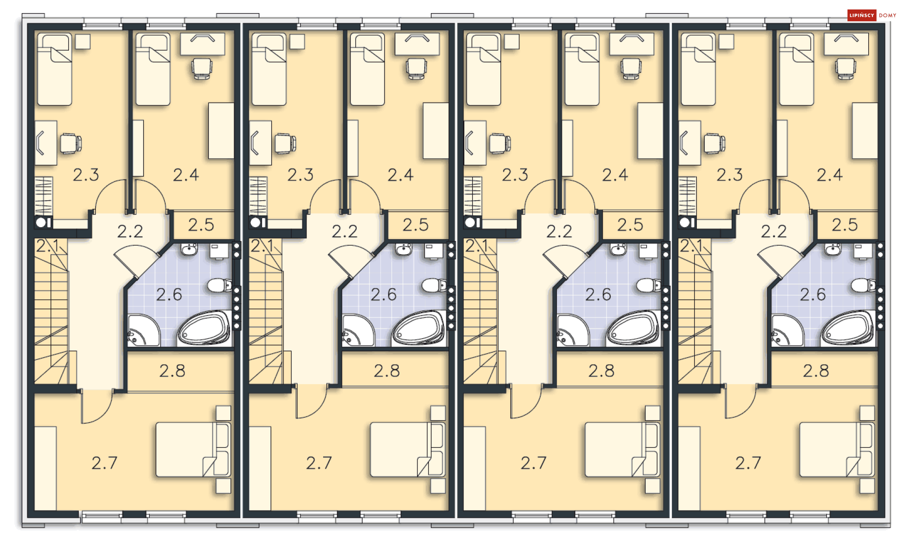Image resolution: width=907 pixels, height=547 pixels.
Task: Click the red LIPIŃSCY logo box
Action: pyautogui.click(x=862, y=15)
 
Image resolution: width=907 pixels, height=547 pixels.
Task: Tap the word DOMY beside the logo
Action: pyautogui.click(x=887, y=16)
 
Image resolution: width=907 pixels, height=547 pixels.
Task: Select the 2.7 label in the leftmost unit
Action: pyautogui.click(x=104, y=463)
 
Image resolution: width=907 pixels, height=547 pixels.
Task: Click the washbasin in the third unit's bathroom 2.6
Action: pyautogui.click(x=618, y=249)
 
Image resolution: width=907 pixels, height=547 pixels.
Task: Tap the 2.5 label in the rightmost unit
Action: pyautogui.click(x=845, y=225)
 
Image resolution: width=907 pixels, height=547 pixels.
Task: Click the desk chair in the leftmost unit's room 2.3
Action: pyautogui.click(x=71, y=144)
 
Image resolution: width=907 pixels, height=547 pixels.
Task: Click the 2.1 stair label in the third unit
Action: pyautogui.click(x=477, y=246)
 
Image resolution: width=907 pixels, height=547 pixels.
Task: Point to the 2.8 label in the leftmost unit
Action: pyautogui.click(x=172, y=371)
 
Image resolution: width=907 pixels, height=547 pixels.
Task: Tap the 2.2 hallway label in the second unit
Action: pyautogui.click(x=344, y=231)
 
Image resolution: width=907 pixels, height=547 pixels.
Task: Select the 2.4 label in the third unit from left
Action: pyautogui.click(x=615, y=175)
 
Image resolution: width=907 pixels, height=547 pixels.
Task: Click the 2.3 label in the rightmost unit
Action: pyautogui.click(x=729, y=175)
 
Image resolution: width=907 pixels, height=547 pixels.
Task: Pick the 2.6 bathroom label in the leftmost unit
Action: pyautogui.click(x=169, y=295)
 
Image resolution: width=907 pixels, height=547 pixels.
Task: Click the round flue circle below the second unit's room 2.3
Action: pyautogui.click(x=256, y=222)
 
